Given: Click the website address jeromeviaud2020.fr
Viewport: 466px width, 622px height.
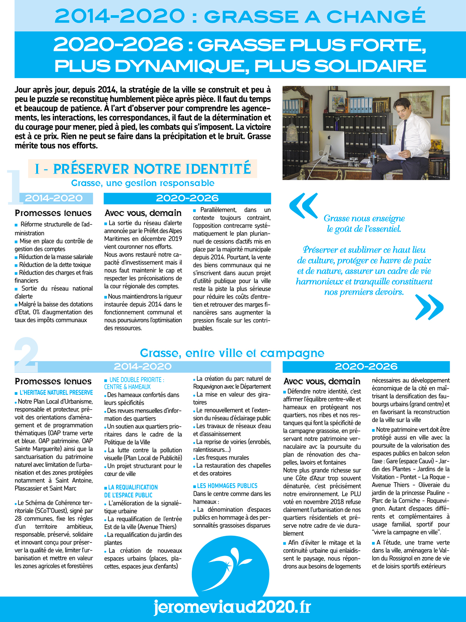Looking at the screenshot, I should pyautogui.click(x=232, y=607).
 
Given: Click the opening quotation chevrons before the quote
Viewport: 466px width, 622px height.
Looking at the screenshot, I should pyautogui.click(x=303, y=206).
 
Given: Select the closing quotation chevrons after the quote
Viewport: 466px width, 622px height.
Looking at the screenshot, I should pyautogui.click(x=429, y=307).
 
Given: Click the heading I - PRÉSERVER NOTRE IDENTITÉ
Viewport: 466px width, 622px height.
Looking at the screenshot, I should pyautogui.click(x=143, y=169).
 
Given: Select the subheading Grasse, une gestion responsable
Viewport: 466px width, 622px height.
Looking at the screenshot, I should pyautogui.click(x=143, y=183).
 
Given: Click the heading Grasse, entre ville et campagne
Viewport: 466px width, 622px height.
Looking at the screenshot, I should pyautogui.click(x=232, y=353).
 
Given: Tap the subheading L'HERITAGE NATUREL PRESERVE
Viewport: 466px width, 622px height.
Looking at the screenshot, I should pyautogui.click(x=56, y=393).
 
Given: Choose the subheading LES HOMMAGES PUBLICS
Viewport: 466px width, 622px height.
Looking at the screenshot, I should pyautogui.click(x=227, y=486).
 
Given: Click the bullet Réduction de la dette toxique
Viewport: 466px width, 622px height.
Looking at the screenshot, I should pyautogui.click(x=55, y=265).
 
